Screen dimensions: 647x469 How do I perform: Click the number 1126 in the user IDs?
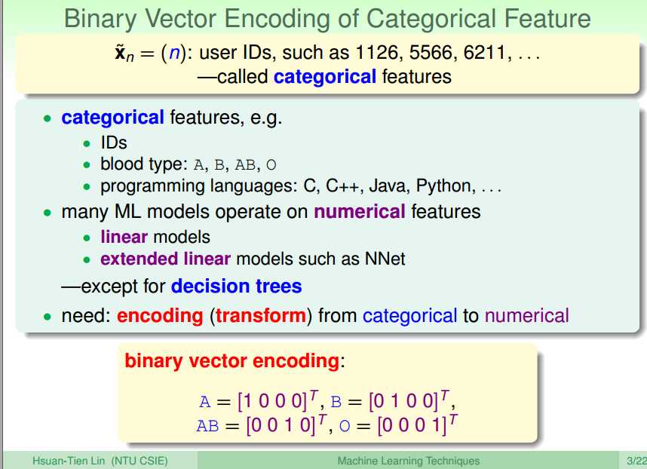[379, 53]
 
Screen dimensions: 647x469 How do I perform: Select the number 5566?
[433, 53]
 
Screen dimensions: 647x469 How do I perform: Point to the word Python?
[443, 186]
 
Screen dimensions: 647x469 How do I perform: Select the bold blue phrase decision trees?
[237, 286]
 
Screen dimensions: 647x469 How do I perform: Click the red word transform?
[261, 315]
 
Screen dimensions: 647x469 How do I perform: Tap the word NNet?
[385, 259]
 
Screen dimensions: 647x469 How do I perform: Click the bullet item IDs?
[113, 143]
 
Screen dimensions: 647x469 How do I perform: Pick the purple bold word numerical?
[360, 212]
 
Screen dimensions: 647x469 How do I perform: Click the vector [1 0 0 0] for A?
[272, 401]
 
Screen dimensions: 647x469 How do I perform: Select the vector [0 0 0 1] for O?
[412, 425]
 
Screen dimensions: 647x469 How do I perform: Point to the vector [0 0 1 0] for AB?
[281, 425]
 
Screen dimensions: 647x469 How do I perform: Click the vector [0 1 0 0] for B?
[403, 401]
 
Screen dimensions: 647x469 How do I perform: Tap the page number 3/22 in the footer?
[636, 461]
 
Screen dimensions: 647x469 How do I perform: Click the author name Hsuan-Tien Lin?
[69, 461]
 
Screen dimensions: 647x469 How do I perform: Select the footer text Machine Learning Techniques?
[409, 461]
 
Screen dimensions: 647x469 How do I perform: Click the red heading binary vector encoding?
[232, 361]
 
